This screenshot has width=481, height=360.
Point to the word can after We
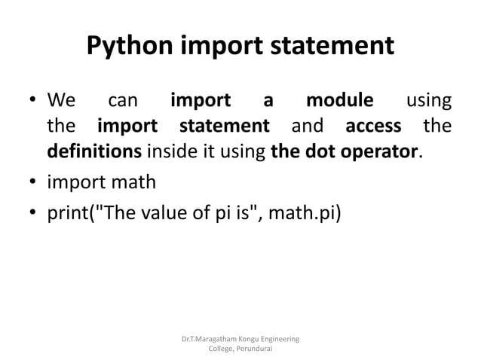[x=123, y=101]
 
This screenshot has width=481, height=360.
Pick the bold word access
[x=373, y=125]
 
